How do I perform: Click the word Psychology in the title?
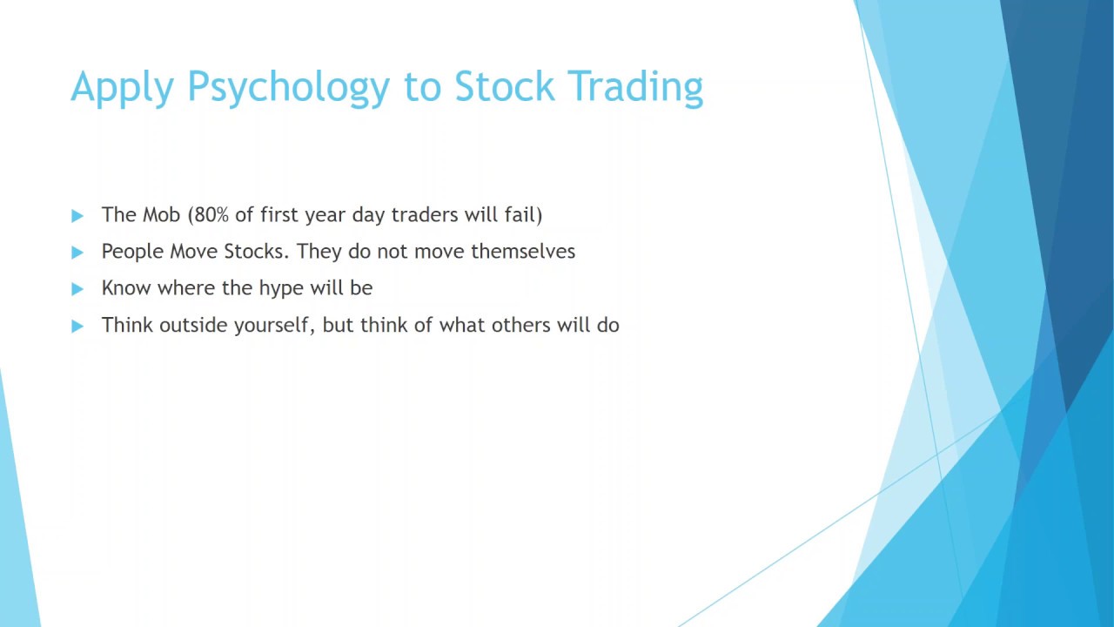click(288, 88)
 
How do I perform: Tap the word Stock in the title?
click(504, 86)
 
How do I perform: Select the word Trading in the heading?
click(635, 88)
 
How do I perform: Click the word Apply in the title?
click(123, 88)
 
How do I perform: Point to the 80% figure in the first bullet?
click(208, 215)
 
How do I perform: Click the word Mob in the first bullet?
click(161, 214)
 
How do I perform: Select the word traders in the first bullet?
click(424, 215)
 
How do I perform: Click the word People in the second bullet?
click(132, 252)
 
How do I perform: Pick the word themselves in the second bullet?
click(523, 252)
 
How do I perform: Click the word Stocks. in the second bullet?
click(256, 252)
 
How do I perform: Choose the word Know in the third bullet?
click(126, 288)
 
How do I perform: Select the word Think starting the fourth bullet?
click(127, 326)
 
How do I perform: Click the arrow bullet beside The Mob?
click(77, 216)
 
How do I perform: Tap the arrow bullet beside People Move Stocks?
click(77, 253)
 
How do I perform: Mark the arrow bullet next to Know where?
click(77, 289)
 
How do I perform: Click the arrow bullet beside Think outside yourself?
click(77, 327)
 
